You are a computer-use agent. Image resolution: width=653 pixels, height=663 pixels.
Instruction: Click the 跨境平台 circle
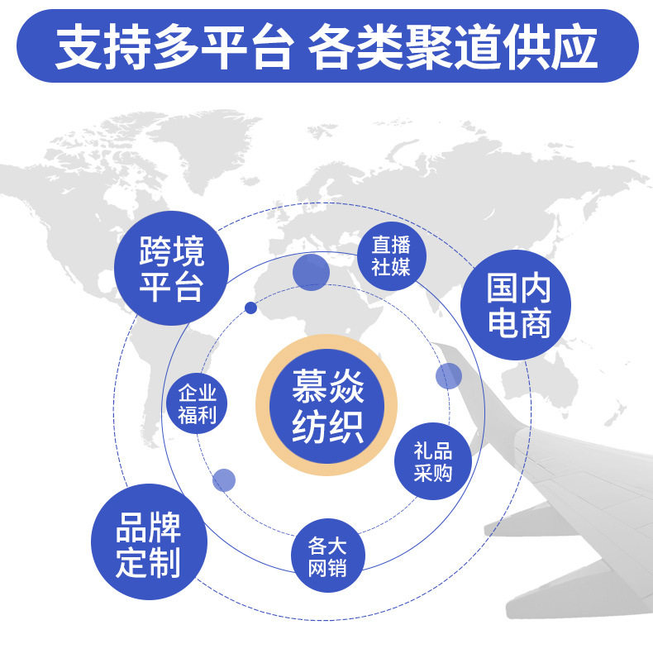[x=171, y=267]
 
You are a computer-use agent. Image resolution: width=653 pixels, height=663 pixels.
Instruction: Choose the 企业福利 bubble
[x=197, y=403]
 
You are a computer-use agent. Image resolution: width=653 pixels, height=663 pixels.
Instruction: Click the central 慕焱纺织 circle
[x=327, y=405]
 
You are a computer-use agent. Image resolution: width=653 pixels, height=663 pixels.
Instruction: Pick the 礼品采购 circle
[x=432, y=462]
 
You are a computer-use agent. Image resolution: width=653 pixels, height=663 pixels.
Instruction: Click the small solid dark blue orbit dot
[x=250, y=308]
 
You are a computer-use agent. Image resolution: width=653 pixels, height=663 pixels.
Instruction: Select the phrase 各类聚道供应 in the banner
[x=452, y=48]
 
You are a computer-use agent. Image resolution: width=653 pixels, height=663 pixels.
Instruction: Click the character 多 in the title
[x=174, y=48]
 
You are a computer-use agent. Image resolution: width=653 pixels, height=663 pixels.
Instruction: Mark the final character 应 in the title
[x=576, y=48]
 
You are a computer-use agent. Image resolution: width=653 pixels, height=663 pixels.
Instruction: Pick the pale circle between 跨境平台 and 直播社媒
[x=311, y=272]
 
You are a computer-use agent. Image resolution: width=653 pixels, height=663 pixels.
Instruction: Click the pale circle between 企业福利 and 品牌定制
[x=224, y=479]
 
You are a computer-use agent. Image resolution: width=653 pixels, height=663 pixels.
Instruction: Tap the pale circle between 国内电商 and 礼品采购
[x=448, y=376]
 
